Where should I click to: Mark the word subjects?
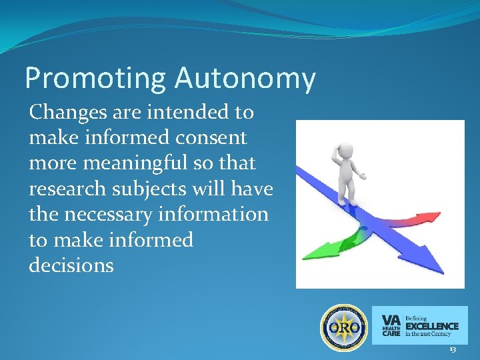coord(161,189)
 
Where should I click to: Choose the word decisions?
coord(71,265)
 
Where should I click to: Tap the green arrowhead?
coord(314,252)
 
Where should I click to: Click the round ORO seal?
coord(344,327)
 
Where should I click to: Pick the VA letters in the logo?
coord(391,319)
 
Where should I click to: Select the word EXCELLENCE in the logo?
coord(432,326)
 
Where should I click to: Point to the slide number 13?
coord(453,349)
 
